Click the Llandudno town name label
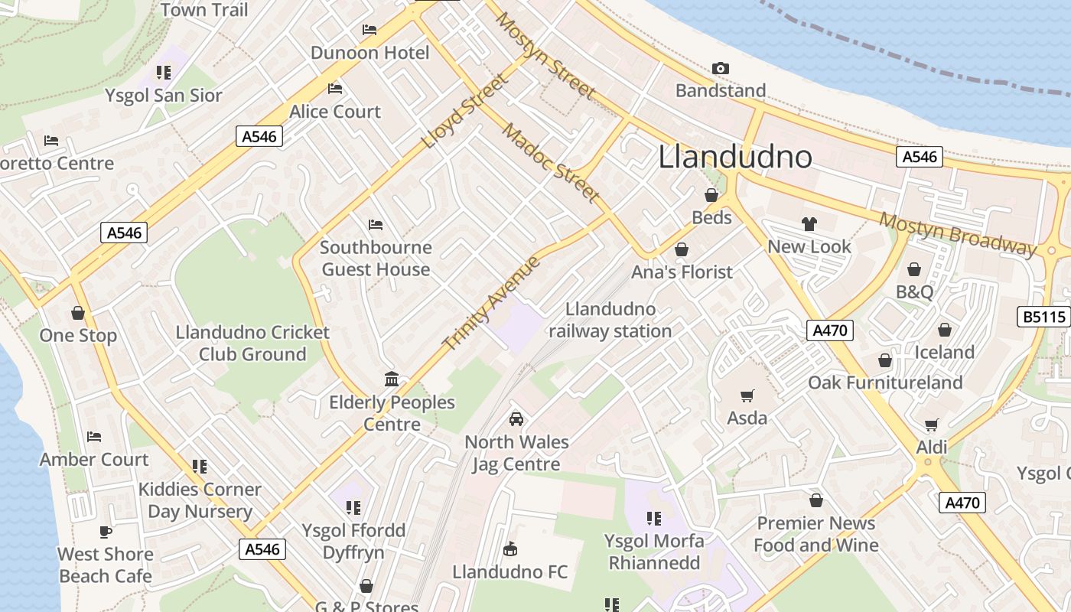tap(734, 157)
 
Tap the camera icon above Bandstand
tap(720, 69)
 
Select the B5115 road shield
tap(1043, 317)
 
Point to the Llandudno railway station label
tap(610, 320)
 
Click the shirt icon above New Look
tap(809, 224)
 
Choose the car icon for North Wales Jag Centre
tap(516, 419)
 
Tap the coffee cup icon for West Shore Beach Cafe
tap(106, 532)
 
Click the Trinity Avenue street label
tap(493, 304)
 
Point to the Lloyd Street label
tap(465, 111)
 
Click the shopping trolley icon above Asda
tap(747, 396)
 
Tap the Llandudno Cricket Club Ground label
tap(252, 343)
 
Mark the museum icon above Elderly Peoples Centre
tap(392, 379)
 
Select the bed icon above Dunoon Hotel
tap(369, 31)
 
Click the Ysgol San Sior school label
tap(164, 96)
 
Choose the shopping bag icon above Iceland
tap(945, 330)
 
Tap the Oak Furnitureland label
tap(885, 382)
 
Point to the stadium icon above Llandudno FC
tap(510, 549)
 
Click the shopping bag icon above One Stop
tap(77, 313)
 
